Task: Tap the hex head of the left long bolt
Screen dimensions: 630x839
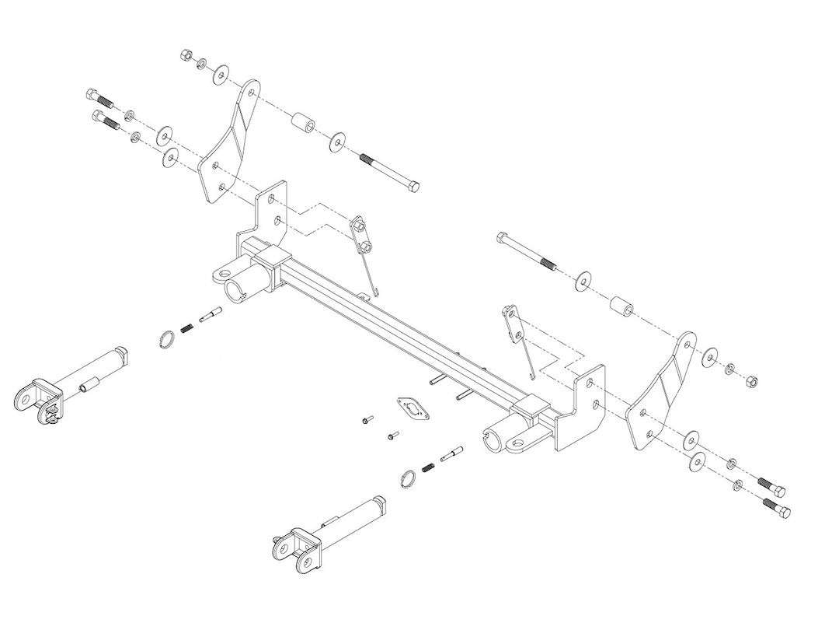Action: [x=413, y=185]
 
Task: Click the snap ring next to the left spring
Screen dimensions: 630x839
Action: [x=168, y=339]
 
